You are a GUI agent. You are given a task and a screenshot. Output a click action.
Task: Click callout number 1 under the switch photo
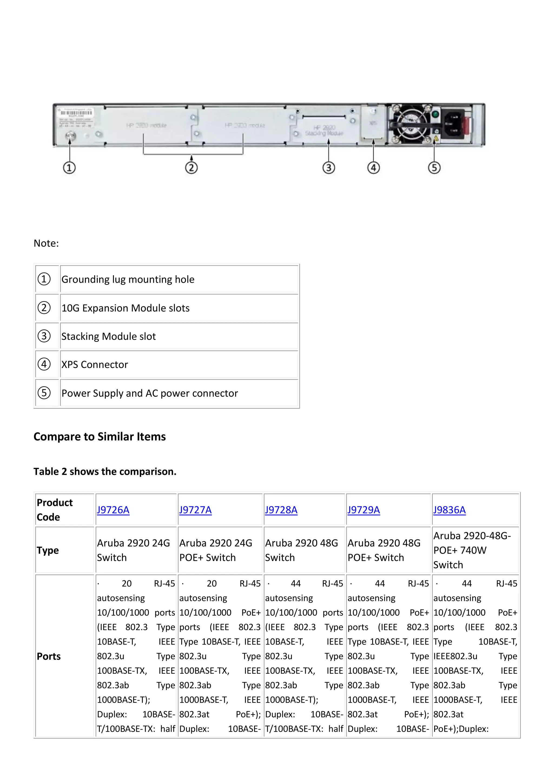coord(69,168)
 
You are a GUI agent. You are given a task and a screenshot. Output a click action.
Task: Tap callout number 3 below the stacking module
coord(328,168)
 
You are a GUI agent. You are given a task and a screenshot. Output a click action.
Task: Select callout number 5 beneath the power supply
coord(434,168)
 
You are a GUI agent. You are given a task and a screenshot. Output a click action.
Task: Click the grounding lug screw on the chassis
coord(70,136)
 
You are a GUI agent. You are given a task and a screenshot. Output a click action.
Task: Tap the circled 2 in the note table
coord(44,308)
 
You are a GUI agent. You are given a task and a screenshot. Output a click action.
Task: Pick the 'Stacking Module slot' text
coord(108,336)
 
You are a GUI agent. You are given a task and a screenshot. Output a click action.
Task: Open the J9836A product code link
coord(449,510)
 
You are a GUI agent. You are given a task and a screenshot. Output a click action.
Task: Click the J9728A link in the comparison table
coord(281,510)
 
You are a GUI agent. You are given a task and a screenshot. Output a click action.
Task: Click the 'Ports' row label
coord(49,656)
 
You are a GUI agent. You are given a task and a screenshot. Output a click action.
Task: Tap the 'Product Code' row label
coord(55,510)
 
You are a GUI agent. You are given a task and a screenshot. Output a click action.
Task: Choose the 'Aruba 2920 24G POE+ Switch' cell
coord(216,550)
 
